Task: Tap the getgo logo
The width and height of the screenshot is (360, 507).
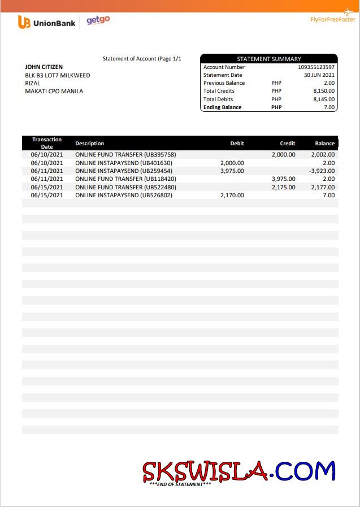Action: pyautogui.click(x=98, y=21)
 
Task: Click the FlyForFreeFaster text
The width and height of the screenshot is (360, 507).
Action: pyautogui.click(x=332, y=19)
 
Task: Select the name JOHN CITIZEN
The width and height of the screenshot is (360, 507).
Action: pyautogui.click(x=44, y=67)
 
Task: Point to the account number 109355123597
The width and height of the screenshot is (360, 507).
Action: pyautogui.click(x=316, y=67)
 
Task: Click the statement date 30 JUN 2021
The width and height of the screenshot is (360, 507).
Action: pyautogui.click(x=319, y=75)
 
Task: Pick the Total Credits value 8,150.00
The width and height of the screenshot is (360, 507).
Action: pyautogui.click(x=323, y=90)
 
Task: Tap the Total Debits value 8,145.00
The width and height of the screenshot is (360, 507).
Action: pyautogui.click(x=323, y=99)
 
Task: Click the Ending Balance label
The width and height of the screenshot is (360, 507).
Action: pyautogui.click(x=222, y=107)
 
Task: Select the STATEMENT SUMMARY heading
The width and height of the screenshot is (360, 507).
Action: pyautogui.click(x=268, y=59)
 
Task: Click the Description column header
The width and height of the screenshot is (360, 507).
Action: pyautogui.click(x=89, y=144)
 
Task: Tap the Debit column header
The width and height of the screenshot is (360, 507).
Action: pyautogui.click(x=237, y=144)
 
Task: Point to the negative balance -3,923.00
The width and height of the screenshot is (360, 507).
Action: pyautogui.click(x=322, y=171)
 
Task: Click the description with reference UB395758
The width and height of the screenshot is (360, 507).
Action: pyautogui.click(x=125, y=154)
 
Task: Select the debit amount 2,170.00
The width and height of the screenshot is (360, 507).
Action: pyautogui.click(x=232, y=195)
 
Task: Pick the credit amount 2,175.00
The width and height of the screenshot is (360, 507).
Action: pyautogui.click(x=283, y=187)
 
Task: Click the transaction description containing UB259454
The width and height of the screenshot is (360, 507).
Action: pyautogui.click(x=123, y=171)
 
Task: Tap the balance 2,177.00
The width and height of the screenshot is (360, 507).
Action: pyautogui.click(x=323, y=187)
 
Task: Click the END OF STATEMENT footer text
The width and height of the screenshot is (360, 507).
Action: pyautogui.click(x=180, y=484)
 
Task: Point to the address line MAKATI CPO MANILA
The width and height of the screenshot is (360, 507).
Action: pyautogui.click(x=54, y=91)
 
